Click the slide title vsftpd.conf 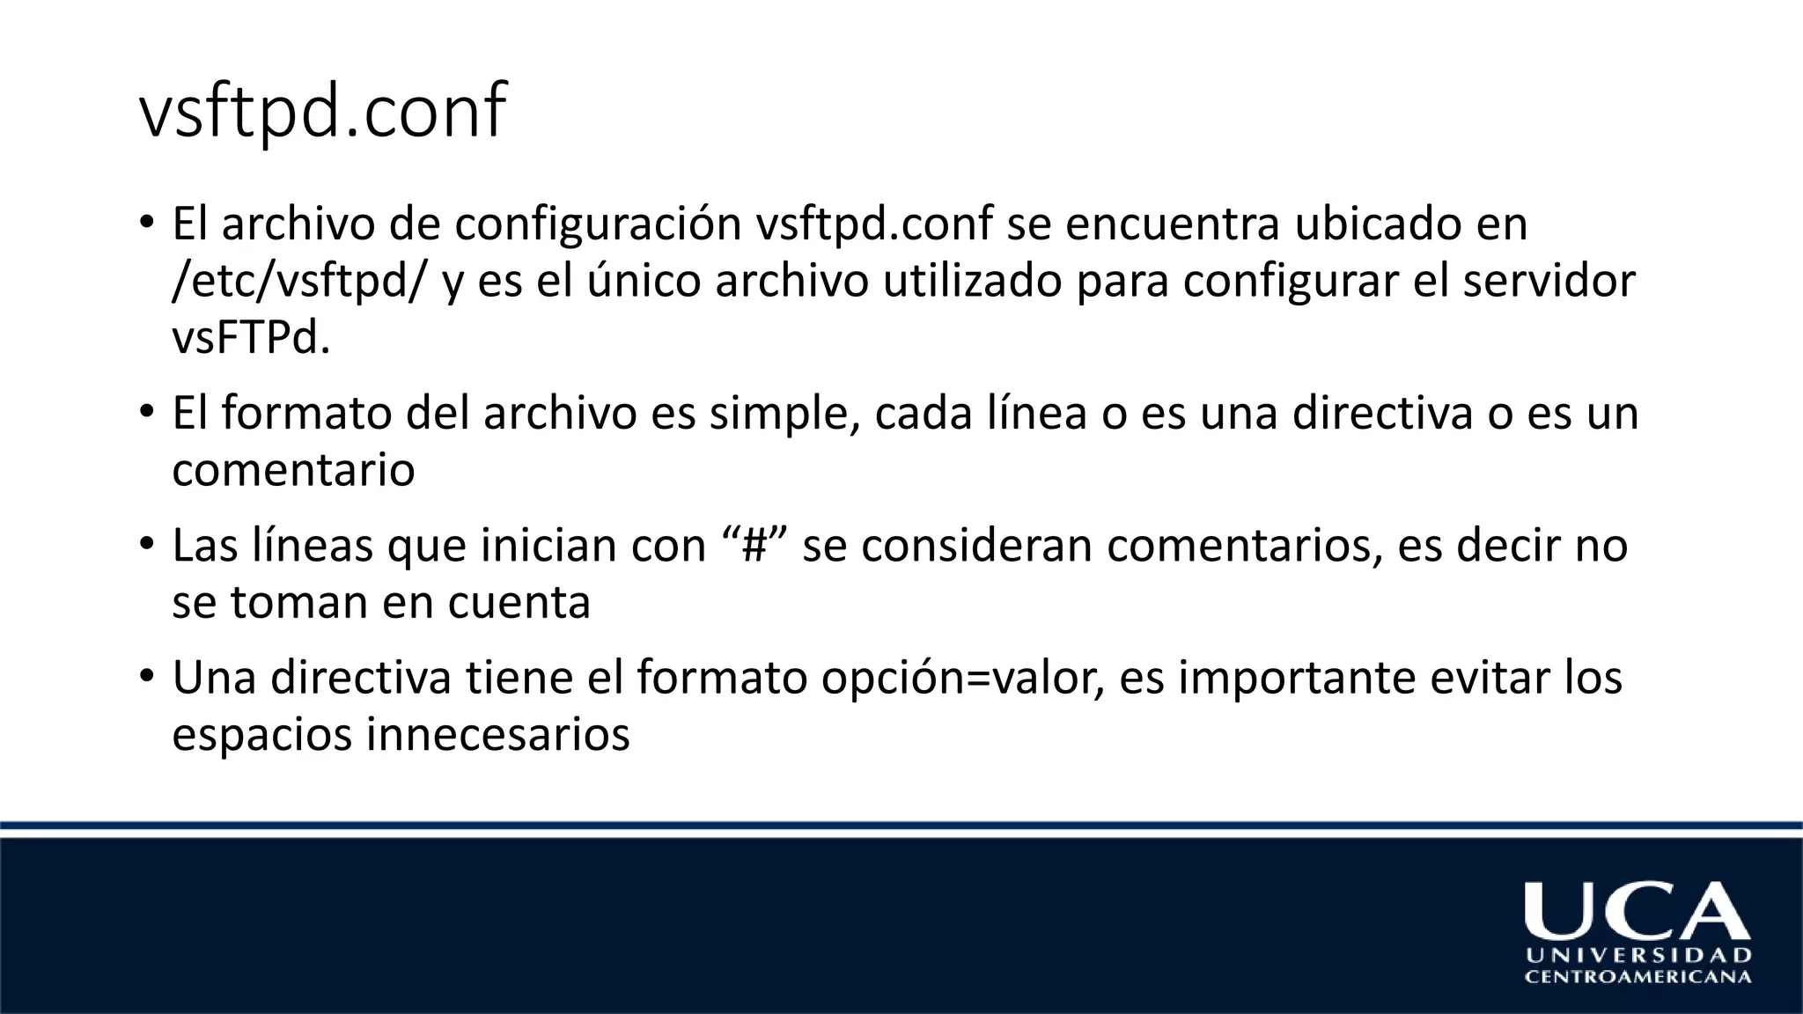tap(322, 113)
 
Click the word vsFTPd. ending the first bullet tap(251, 339)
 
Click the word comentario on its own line tap(293, 470)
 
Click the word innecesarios tap(498, 735)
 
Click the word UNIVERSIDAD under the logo tap(1637, 956)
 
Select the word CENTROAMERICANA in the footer tap(1637, 977)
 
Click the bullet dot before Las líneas tap(147, 543)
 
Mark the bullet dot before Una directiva tap(147, 676)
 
